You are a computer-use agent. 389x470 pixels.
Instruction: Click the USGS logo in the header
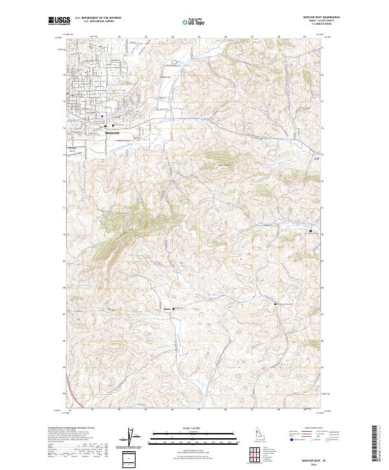coord(56,21)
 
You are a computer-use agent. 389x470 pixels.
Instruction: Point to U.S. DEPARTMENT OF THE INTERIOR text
coord(99,18)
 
